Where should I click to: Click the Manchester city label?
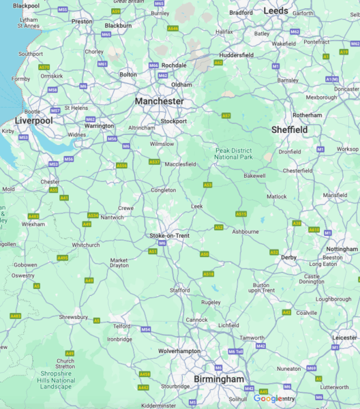[x=159, y=101]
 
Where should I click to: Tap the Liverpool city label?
[x=33, y=120]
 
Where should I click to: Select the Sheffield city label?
[x=289, y=130]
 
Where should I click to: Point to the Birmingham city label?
[x=217, y=379]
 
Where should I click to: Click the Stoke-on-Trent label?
[x=169, y=235]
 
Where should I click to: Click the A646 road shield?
[x=173, y=29]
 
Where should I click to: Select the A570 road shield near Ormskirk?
[x=44, y=67]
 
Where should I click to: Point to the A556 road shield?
[x=121, y=165]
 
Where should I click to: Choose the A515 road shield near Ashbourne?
[x=241, y=213]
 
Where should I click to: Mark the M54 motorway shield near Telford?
[x=146, y=329]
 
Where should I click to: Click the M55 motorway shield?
[x=63, y=10]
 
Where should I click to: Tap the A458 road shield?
[x=145, y=374]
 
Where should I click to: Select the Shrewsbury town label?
[x=73, y=317]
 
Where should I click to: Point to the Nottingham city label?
[x=342, y=249]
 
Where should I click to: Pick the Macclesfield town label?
[x=181, y=164]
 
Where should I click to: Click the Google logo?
[x=268, y=399]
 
